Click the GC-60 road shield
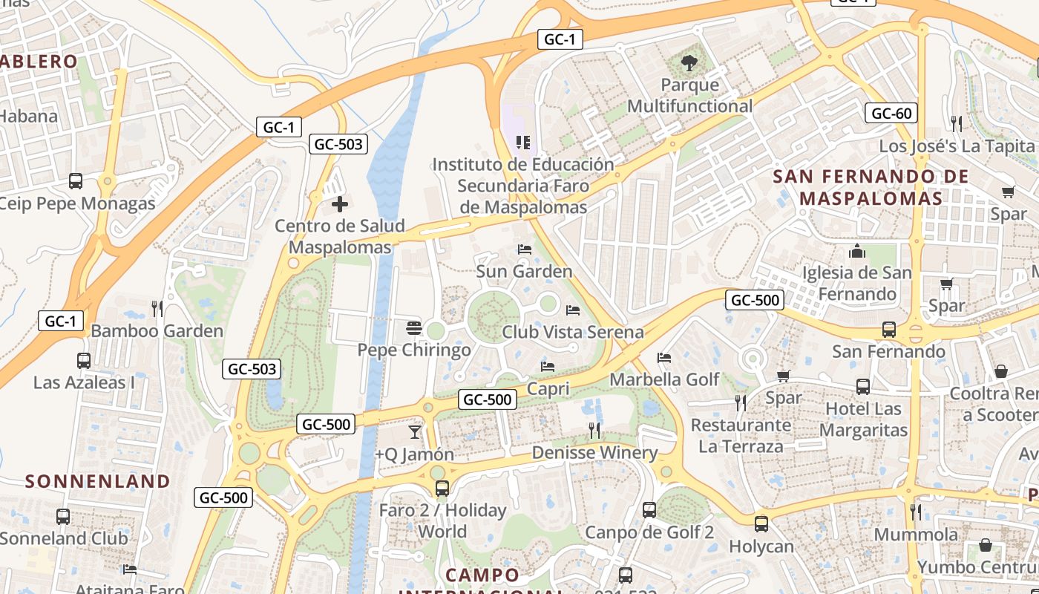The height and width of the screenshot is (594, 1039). tap(891, 114)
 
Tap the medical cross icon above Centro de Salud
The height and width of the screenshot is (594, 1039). tap(340, 203)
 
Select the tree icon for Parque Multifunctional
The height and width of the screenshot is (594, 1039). tap(689, 63)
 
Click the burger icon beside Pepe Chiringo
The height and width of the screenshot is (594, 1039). tap(414, 328)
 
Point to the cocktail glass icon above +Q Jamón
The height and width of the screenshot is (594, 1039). tap(414, 431)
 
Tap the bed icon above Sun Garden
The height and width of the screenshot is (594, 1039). tap(525, 249)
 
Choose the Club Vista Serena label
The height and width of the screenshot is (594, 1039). tap(572, 332)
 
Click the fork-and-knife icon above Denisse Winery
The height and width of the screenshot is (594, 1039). tap(594, 431)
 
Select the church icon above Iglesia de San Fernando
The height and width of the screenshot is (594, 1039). tap(857, 251)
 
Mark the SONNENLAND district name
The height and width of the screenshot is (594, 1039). tap(98, 481)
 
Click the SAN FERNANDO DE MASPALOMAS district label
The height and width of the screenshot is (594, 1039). tap(871, 187)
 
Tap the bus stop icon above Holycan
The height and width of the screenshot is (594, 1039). tap(761, 524)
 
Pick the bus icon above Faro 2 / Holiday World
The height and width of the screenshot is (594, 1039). tap(442, 489)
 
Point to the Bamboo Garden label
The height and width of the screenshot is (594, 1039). tap(157, 331)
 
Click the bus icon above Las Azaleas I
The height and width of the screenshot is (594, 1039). tap(84, 361)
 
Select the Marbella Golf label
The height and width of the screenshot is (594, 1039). tap(664, 379)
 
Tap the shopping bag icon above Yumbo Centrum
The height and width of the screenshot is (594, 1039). tap(985, 546)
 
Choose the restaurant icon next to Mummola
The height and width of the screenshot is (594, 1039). tap(916, 512)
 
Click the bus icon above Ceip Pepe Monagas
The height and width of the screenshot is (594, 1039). tap(76, 181)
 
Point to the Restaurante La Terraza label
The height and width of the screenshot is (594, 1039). tap(740, 436)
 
